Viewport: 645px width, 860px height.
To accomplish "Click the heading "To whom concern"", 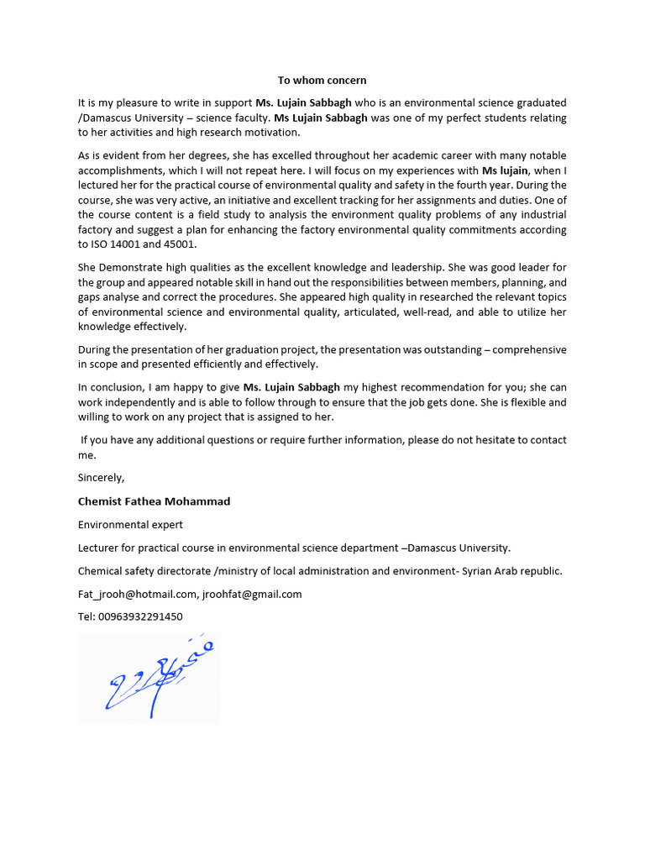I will pyautogui.click(x=322, y=81).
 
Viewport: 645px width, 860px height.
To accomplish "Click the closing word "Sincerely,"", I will pyautogui.click(x=101, y=477).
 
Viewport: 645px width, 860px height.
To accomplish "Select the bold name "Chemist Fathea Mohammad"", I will pyautogui.click(x=154, y=501).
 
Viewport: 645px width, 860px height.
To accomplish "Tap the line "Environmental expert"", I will pyautogui.click(x=130, y=525).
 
